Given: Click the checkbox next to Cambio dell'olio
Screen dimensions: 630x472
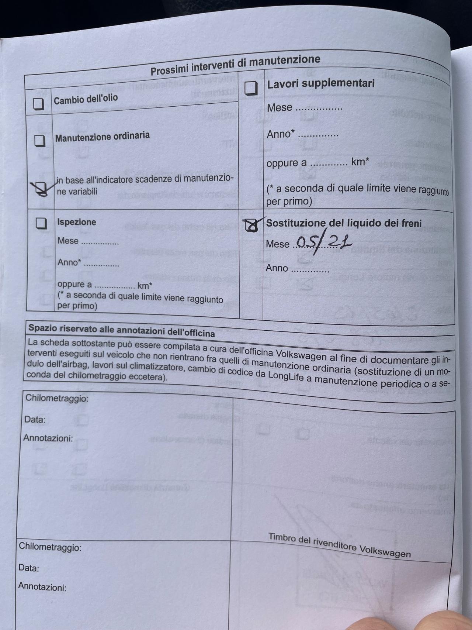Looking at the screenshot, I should click(x=38, y=104).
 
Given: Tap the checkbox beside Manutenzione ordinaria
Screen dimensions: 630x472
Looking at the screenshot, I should click(x=40, y=141).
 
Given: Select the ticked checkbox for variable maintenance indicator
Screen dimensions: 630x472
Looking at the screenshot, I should click(x=40, y=189).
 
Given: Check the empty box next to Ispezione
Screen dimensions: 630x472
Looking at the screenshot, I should click(x=42, y=223).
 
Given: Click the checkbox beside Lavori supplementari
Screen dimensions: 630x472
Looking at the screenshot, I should click(x=251, y=88).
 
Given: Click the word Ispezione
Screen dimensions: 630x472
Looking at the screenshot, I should click(x=77, y=222).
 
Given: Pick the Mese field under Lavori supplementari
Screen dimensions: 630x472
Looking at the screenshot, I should click(x=319, y=109).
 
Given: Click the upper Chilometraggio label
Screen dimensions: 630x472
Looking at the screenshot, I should click(x=57, y=398).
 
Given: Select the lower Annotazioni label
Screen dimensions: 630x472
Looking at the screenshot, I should click(x=42, y=586).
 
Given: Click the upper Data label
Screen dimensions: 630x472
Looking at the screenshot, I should click(x=35, y=420).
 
